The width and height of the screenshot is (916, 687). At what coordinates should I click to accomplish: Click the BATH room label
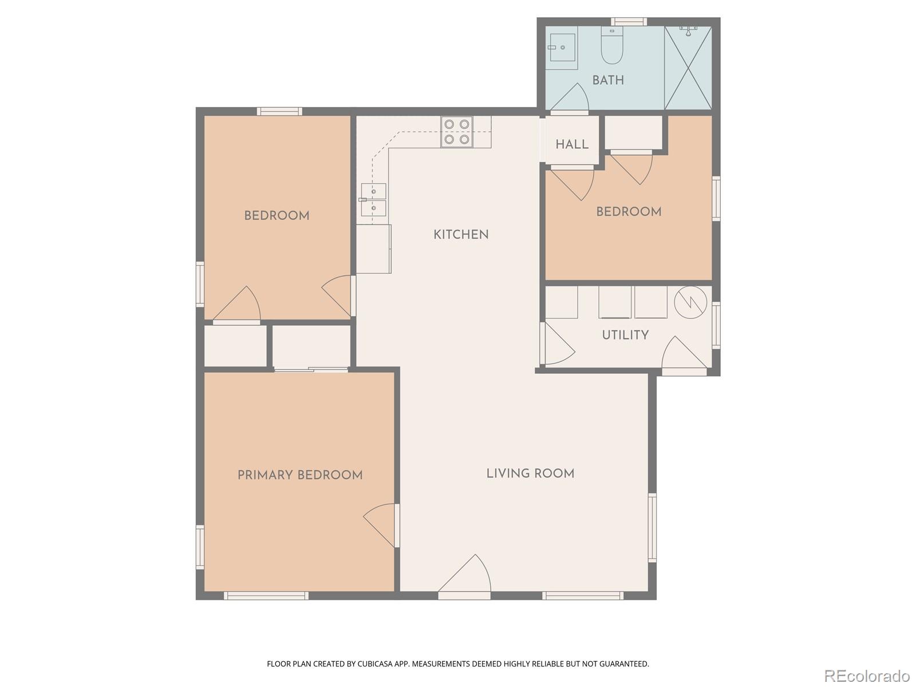(x=608, y=80)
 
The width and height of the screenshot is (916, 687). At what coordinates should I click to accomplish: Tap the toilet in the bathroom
(x=611, y=48)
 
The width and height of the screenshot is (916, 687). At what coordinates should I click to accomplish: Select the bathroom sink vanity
(x=561, y=48)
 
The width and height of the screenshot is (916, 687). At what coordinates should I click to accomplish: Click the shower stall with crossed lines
(x=688, y=68)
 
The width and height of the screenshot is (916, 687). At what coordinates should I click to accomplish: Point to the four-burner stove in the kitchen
(x=457, y=132)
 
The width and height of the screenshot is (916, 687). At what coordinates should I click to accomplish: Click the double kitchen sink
(x=373, y=200)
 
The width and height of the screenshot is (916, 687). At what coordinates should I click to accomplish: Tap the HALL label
(x=572, y=144)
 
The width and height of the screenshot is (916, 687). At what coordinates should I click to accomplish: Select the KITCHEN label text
(x=461, y=235)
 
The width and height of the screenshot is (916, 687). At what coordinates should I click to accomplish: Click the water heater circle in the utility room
(x=690, y=302)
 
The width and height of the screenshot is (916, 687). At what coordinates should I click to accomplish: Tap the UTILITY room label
(x=625, y=335)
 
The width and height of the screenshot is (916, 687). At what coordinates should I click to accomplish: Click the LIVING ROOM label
(x=530, y=473)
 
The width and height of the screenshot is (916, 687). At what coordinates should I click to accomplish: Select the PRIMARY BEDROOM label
(x=300, y=475)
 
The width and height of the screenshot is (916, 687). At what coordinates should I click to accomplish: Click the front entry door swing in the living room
(x=468, y=575)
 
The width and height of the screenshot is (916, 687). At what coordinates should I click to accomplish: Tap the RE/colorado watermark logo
(x=866, y=676)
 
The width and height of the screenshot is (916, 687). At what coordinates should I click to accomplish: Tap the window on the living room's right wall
(x=652, y=527)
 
